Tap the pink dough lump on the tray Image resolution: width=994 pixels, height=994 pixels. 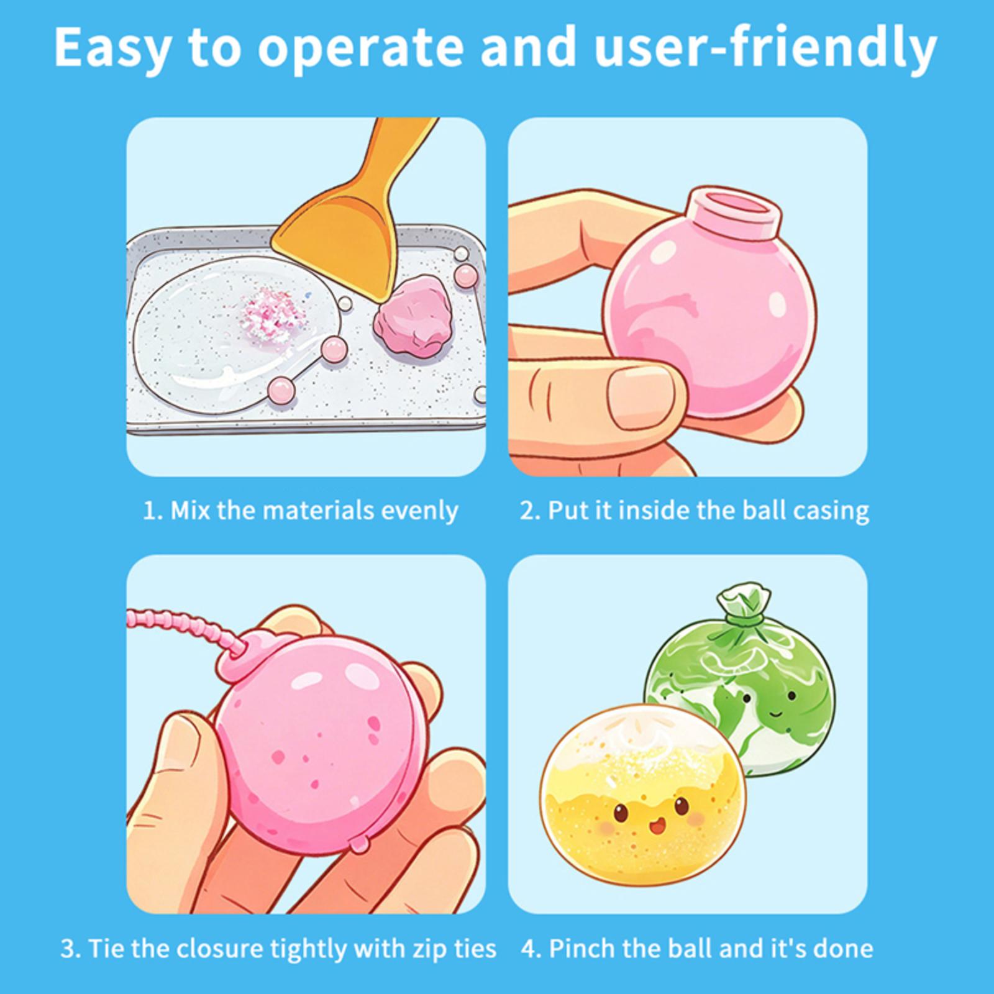point(413,317)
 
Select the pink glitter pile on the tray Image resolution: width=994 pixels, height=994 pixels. point(274,314)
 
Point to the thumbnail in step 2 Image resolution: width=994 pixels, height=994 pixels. point(640,398)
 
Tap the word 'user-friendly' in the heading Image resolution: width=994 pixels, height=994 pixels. point(765,48)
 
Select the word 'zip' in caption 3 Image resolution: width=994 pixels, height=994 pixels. point(427,949)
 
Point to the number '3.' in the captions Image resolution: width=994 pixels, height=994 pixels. point(70,949)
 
